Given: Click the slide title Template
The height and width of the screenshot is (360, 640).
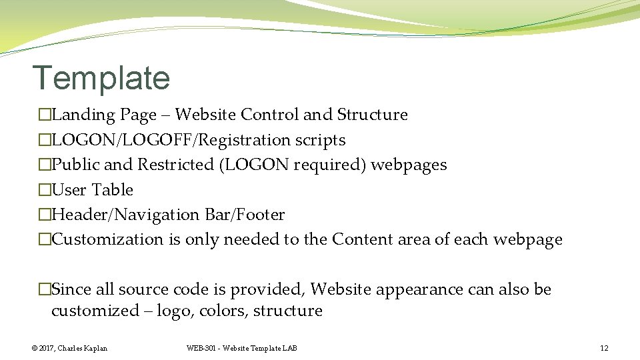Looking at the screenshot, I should click(x=101, y=78).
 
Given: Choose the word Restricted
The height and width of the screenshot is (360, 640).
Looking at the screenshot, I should click(x=175, y=165).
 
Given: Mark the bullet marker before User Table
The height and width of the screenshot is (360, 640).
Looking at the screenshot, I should click(x=45, y=190).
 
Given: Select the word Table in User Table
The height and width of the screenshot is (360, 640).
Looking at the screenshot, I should click(x=113, y=190).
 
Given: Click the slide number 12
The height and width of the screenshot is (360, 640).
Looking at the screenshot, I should click(x=604, y=348).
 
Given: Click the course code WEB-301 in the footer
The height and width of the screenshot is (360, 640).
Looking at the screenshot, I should click(x=202, y=348).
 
